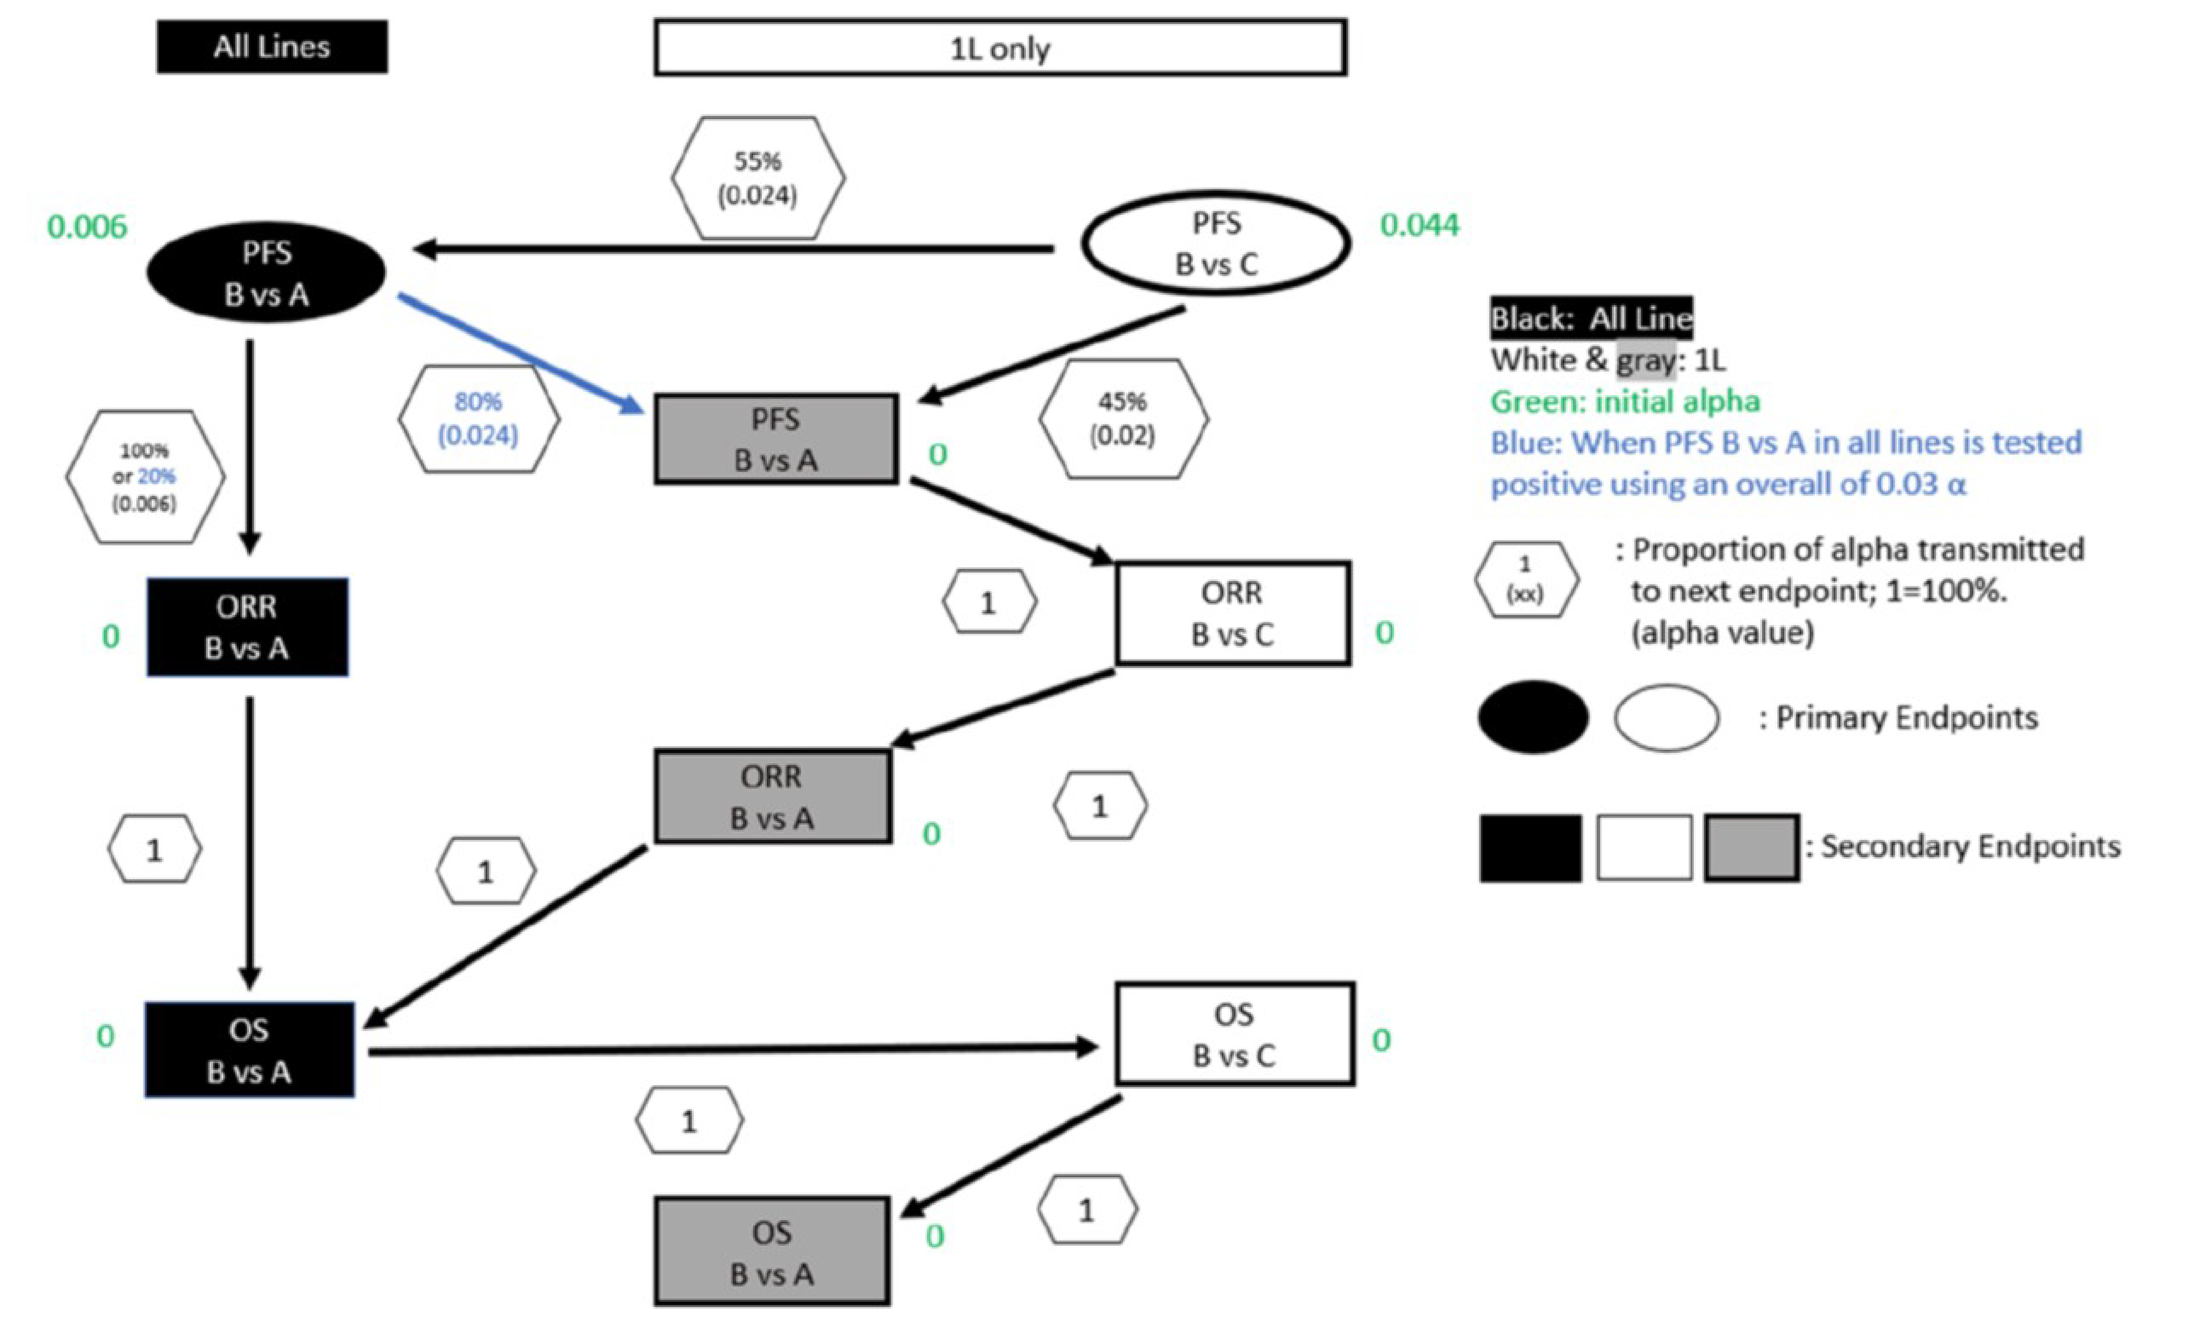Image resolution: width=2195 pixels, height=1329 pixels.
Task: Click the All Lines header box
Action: [x=272, y=46]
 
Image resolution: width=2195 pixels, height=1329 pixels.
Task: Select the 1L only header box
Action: [x=1000, y=48]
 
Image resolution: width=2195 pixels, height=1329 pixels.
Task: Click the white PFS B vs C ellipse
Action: [x=1216, y=243]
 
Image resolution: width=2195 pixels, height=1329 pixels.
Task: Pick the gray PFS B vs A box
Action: [x=775, y=439]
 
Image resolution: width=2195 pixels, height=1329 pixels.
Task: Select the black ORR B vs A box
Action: [x=247, y=627]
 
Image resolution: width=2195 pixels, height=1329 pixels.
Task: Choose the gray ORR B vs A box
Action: [x=772, y=796]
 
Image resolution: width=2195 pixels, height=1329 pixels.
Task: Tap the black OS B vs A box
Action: [x=249, y=1050]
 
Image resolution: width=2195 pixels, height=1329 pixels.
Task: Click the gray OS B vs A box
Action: [x=772, y=1251]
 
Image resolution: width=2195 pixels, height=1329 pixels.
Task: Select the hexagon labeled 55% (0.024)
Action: [x=757, y=178]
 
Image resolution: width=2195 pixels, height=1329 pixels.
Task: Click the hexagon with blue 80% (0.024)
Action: [x=478, y=418]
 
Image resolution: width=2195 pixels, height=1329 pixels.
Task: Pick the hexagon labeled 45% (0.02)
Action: [x=1123, y=418]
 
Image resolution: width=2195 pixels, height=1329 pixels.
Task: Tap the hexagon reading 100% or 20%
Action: [x=144, y=477]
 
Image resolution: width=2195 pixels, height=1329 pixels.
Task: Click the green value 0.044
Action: [x=1419, y=225]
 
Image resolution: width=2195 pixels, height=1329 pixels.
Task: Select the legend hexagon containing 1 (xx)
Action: [x=1525, y=580]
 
